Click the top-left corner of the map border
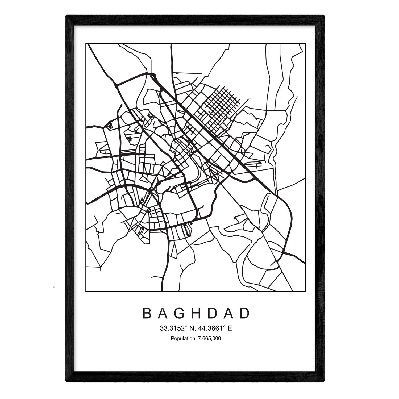coord(86,44)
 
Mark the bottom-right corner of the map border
coord(305,291)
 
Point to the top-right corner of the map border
coord(305,44)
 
